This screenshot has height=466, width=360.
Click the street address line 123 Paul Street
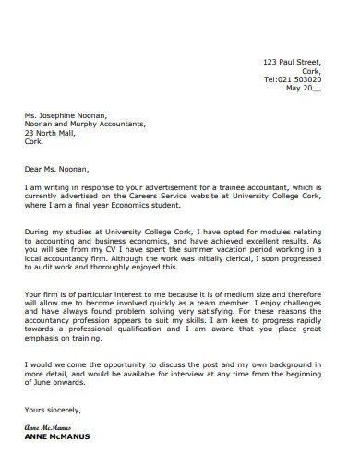pos(293,61)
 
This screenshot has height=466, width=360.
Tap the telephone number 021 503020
pos(301,79)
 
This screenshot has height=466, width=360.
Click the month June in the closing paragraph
pos(44,384)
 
